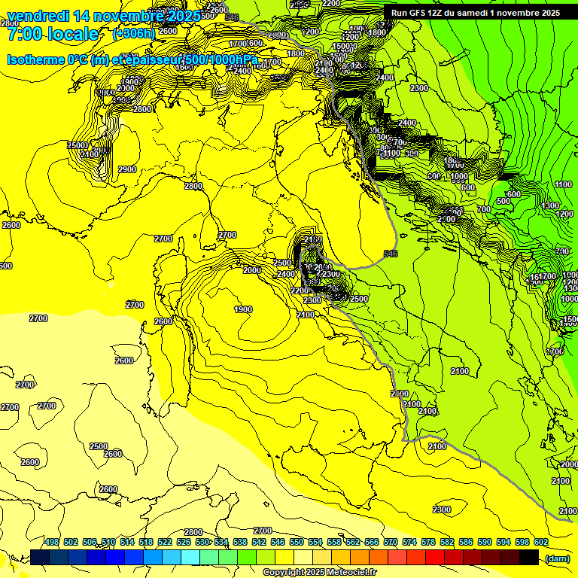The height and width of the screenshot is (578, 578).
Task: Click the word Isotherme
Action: click(36, 59)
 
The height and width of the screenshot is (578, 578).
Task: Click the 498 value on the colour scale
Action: click(52, 542)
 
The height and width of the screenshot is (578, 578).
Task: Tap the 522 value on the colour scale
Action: click(165, 542)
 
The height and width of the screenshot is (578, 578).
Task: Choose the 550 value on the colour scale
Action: click(297, 542)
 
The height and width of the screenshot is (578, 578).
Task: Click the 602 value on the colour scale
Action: click(541, 542)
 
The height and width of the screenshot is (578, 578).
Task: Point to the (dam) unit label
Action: click(557, 558)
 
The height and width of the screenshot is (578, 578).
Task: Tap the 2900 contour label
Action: click(127, 169)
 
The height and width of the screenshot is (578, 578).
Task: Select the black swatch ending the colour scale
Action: click(529, 557)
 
